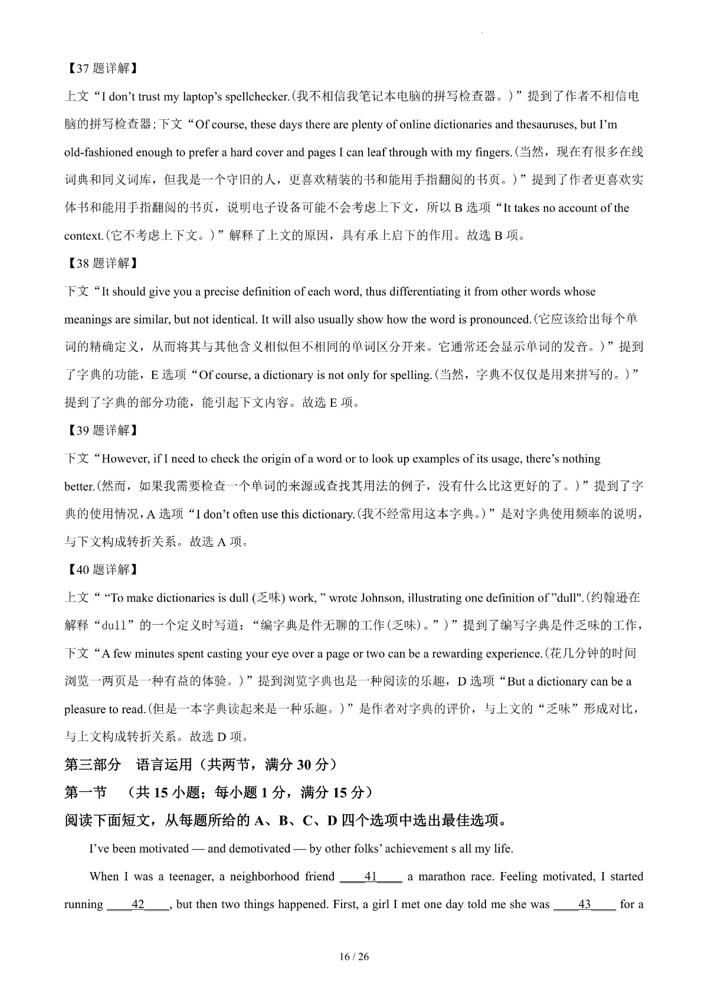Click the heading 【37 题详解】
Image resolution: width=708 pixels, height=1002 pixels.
click(100, 68)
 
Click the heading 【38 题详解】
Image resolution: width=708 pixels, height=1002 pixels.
click(100, 263)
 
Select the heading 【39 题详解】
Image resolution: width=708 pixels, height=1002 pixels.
click(100, 430)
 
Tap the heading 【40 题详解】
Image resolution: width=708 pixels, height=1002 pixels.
click(100, 570)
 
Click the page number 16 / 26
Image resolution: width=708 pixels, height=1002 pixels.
click(354, 957)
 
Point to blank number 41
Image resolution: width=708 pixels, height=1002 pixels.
click(371, 877)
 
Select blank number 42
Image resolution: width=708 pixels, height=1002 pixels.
click(138, 905)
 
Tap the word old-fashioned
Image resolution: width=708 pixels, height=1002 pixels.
click(98, 152)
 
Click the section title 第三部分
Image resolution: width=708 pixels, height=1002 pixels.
click(93, 765)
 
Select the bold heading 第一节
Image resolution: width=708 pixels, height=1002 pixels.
click(86, 793)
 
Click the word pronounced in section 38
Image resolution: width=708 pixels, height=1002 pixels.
click(500, 319)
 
